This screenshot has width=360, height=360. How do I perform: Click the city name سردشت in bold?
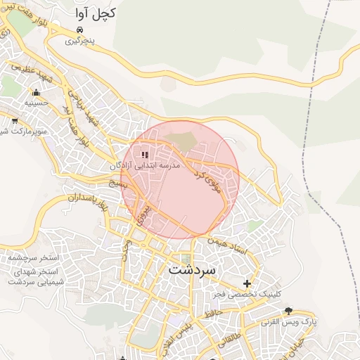coord(193,269)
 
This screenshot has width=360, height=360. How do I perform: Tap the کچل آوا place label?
coord(96,13)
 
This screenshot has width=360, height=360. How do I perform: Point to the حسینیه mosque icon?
coord(36,92)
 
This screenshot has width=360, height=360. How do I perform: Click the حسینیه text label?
coord(37,103)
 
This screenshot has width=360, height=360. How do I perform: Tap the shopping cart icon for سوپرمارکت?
coord(14,121)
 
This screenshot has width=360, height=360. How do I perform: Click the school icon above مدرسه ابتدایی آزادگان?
coord(145,155)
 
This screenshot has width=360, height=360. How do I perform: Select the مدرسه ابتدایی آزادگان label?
coord(145,166)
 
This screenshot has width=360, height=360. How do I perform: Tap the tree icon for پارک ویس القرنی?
coord(288,311)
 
